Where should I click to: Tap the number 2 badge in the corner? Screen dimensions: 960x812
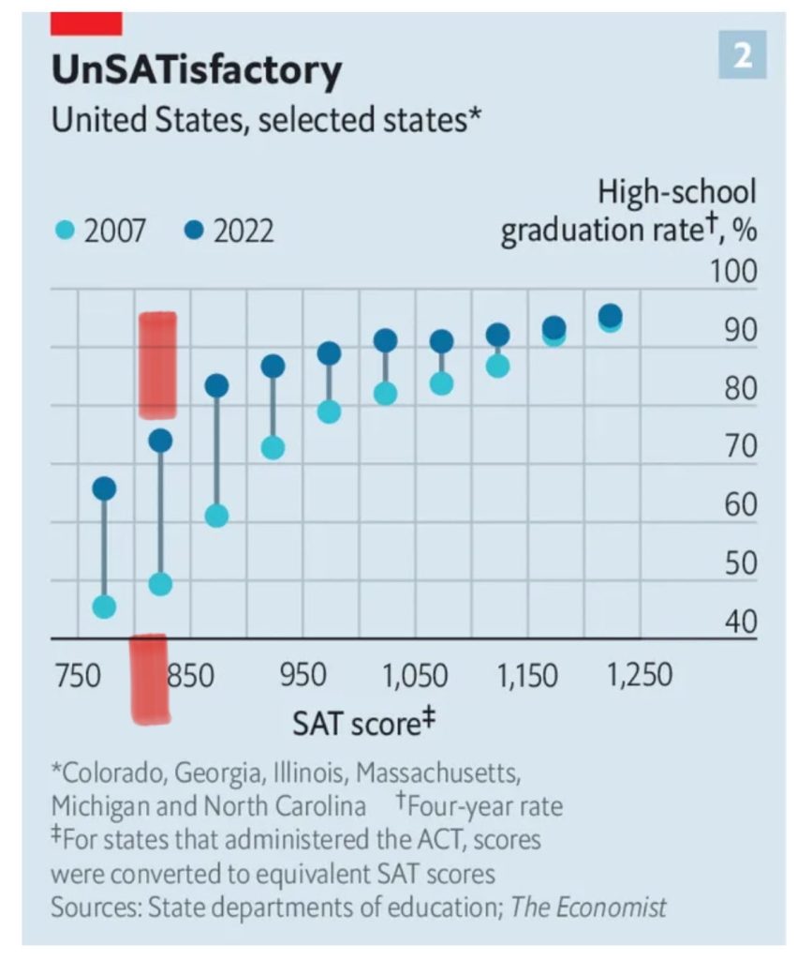click(x=742, y=55)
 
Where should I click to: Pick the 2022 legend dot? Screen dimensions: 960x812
click(x=195, y=231)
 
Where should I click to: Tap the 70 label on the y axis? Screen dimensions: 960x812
click(x=739, y=446)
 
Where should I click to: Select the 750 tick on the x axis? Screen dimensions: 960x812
click(x=76, y=675)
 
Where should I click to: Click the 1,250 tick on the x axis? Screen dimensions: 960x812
click(x=640, y=675)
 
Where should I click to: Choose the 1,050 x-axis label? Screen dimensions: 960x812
click(x=415, y=675)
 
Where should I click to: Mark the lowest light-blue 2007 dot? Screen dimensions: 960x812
click(x=104, y=607)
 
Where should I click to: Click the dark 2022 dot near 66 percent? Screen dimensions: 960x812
click(x=104, y=488)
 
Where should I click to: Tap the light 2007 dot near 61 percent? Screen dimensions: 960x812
click(x=216, y=516)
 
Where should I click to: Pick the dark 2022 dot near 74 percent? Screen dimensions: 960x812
click(x=160, y=441)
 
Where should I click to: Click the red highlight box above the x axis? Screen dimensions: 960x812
click(x=157, y=365)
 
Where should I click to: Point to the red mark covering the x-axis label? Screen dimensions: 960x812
click(x=149, y=680)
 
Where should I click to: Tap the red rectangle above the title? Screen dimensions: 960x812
click(x=86, y=22)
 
